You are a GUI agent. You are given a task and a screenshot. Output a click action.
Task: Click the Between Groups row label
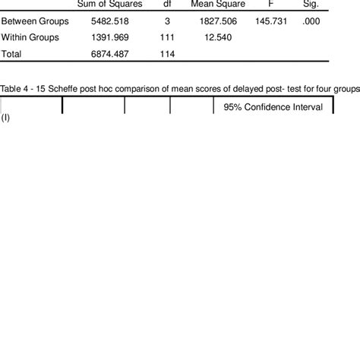coord(35,21)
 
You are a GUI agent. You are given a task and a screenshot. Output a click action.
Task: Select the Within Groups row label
coord(33,37)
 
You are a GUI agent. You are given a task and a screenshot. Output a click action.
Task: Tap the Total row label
coord(12,54)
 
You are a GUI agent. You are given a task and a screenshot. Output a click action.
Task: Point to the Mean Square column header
coord(217,5)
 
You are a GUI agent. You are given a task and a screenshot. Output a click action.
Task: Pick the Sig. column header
coord(310,5)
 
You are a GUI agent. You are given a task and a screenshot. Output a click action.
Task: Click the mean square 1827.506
coord(219,21)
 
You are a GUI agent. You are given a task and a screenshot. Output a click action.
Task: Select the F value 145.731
coord(272,21)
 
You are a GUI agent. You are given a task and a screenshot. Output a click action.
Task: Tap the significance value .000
coord(310,21)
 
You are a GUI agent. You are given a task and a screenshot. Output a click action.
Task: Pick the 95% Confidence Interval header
coord(273,107)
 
